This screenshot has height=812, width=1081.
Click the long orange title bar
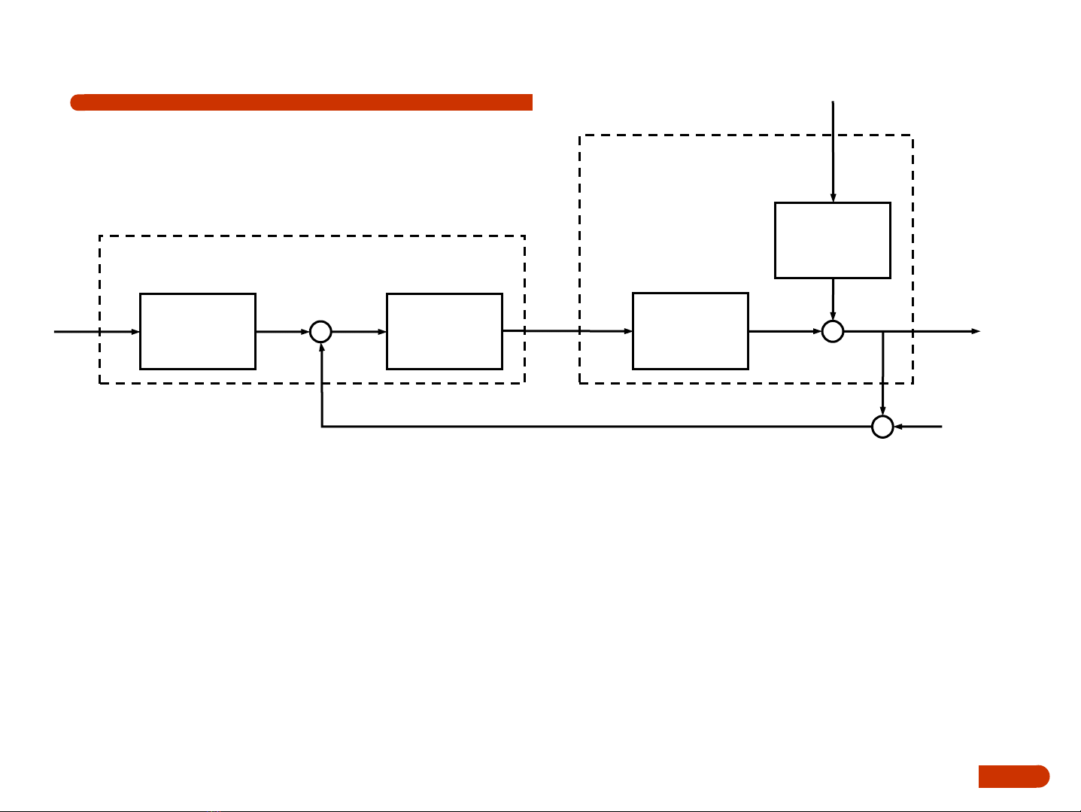pyautogui.click(x=302, y=102)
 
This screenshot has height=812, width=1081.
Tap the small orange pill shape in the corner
pyautogui.click(x=1013, y=776)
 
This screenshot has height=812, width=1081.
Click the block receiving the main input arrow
pyautogui.click(x=198, y=331)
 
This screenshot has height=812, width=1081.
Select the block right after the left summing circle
pyautogui.click(x=444, y=331)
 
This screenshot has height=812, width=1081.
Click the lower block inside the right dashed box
pyautogui.click(x=690, y=331)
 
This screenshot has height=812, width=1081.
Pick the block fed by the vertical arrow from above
pyautogui.click(x=833, y=240)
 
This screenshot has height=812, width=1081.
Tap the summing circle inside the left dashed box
pyautogui.click(x=321, y=331)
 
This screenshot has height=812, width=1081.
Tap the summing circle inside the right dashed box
pyautogui.click(x=833, y=331)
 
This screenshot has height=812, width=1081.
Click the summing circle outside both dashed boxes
pyautogui.click(x=882, y=427)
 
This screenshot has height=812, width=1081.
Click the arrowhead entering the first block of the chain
pyautogui.click(x=135, y=331)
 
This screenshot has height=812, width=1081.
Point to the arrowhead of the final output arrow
pyautogui.click(x=976, y=331)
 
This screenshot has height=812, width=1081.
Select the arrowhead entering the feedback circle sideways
pyautogui.click(x=898, y=427)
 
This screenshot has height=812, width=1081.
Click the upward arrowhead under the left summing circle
pyautogui.click(x=321, y=347)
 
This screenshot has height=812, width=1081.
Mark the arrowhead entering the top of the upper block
pyautogui.click(x=833, y=198)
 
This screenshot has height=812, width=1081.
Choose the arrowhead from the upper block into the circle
pyautogui.click(x=833, y=316)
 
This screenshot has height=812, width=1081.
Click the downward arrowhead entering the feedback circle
pyautogui.click(x=882, y=412)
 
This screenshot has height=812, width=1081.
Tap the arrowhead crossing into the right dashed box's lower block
pyautogui.click(x=628, y=331)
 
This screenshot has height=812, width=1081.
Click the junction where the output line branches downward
pyautogui.click(x=882, y=331)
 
